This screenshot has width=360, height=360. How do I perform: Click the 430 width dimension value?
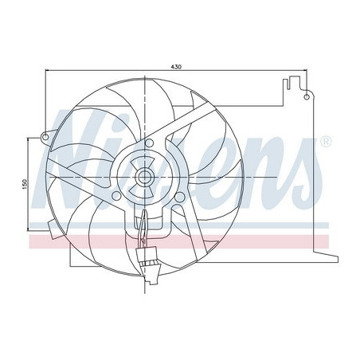tap(174, 66)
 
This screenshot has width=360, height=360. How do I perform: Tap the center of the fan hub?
tap(147, 175)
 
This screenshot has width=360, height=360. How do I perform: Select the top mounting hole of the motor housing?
tap(147, 143)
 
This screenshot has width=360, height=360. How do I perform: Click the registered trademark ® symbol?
tap(326, 142)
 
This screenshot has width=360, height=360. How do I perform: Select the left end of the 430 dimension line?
tap(45, 72)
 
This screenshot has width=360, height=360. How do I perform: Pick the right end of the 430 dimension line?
tap(306, 72)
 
